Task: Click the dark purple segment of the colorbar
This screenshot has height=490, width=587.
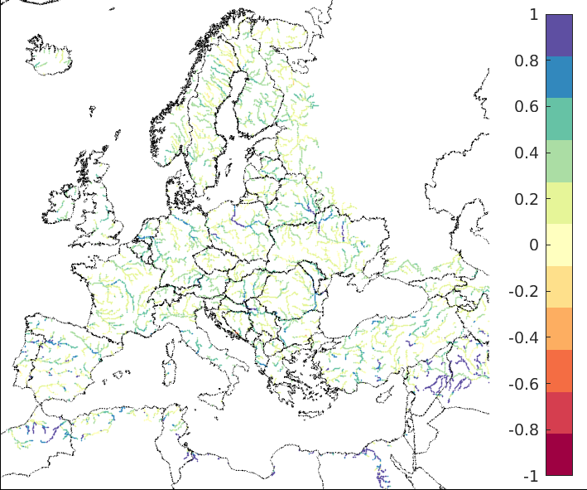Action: [559, 35]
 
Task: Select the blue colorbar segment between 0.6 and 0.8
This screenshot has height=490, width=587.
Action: [559, 77]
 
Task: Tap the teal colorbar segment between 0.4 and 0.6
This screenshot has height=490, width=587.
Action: [559, 119]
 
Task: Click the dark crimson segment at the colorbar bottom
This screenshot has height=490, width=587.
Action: [559, 454]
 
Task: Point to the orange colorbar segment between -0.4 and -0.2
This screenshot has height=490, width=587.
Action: [559, 328]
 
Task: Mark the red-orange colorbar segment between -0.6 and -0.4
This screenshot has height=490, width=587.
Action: [559, 371]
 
